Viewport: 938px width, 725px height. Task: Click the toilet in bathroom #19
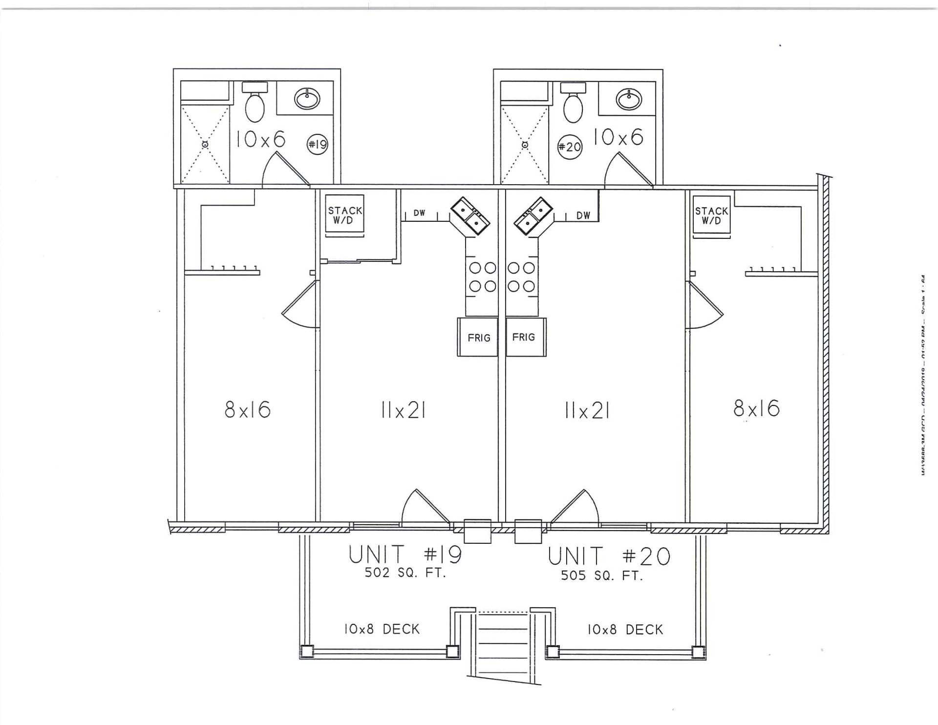pos(255,103)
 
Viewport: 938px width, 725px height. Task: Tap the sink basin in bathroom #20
pos(628,100)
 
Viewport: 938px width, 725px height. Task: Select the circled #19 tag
pos(317,145)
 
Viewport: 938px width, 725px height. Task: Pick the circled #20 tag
pos(570,147)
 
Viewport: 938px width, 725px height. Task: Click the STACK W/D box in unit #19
pos(345,215)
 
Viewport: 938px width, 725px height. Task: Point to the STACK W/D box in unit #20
pos(711,215)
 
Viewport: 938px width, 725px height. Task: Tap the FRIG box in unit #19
pos(478,337)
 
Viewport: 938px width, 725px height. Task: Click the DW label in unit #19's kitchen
pos(419,213)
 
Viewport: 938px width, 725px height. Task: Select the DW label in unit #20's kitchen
pos(583,215)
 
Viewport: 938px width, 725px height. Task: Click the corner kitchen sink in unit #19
pos(470,216)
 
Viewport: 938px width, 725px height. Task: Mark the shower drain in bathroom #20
pos(525,145)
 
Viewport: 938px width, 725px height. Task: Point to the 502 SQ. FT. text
pos(405,573)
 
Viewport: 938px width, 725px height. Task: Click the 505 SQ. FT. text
pos(602,576)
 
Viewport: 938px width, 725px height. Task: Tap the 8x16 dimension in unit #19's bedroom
pos(248,409)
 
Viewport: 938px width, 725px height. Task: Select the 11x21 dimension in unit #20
pos(587,411)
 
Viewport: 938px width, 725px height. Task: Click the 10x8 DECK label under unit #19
pos(382,629)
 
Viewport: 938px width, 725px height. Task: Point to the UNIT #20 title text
pos(609,556)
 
